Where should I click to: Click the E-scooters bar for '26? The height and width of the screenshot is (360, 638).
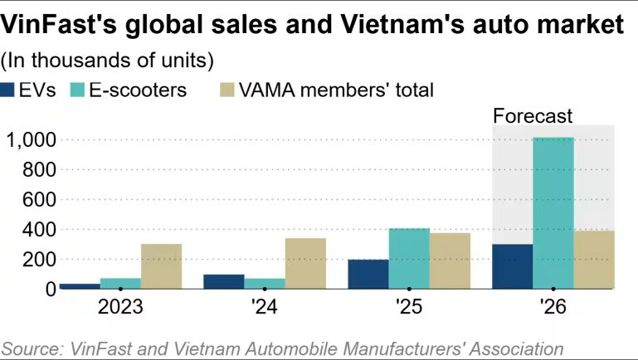[x=553, y=213]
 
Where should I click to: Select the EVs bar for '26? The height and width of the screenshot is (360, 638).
[x=512, y=266]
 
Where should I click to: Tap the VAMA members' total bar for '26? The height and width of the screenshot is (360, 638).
[x=593, y=260]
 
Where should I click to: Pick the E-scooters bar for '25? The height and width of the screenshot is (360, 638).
[x=409, y=258]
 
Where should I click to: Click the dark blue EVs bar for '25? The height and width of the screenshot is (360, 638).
[x=368, y=274]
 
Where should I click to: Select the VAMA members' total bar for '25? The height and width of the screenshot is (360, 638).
[x=450, y=260]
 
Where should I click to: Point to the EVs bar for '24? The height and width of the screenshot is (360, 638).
[x=224, y=281]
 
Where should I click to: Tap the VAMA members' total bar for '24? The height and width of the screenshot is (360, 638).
[x=305, y=263]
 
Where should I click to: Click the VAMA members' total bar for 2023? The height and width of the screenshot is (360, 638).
[x=161, y=266]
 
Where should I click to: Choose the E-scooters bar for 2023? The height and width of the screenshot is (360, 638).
[x=120, y=283]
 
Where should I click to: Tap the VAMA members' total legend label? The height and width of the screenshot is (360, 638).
[x=336, y=90]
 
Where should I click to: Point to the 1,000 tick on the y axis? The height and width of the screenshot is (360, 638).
[x=31, y=140]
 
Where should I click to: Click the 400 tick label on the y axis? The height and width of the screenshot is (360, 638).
[x=38, y=229]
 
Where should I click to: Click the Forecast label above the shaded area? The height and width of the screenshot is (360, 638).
[x=533, y=116]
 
